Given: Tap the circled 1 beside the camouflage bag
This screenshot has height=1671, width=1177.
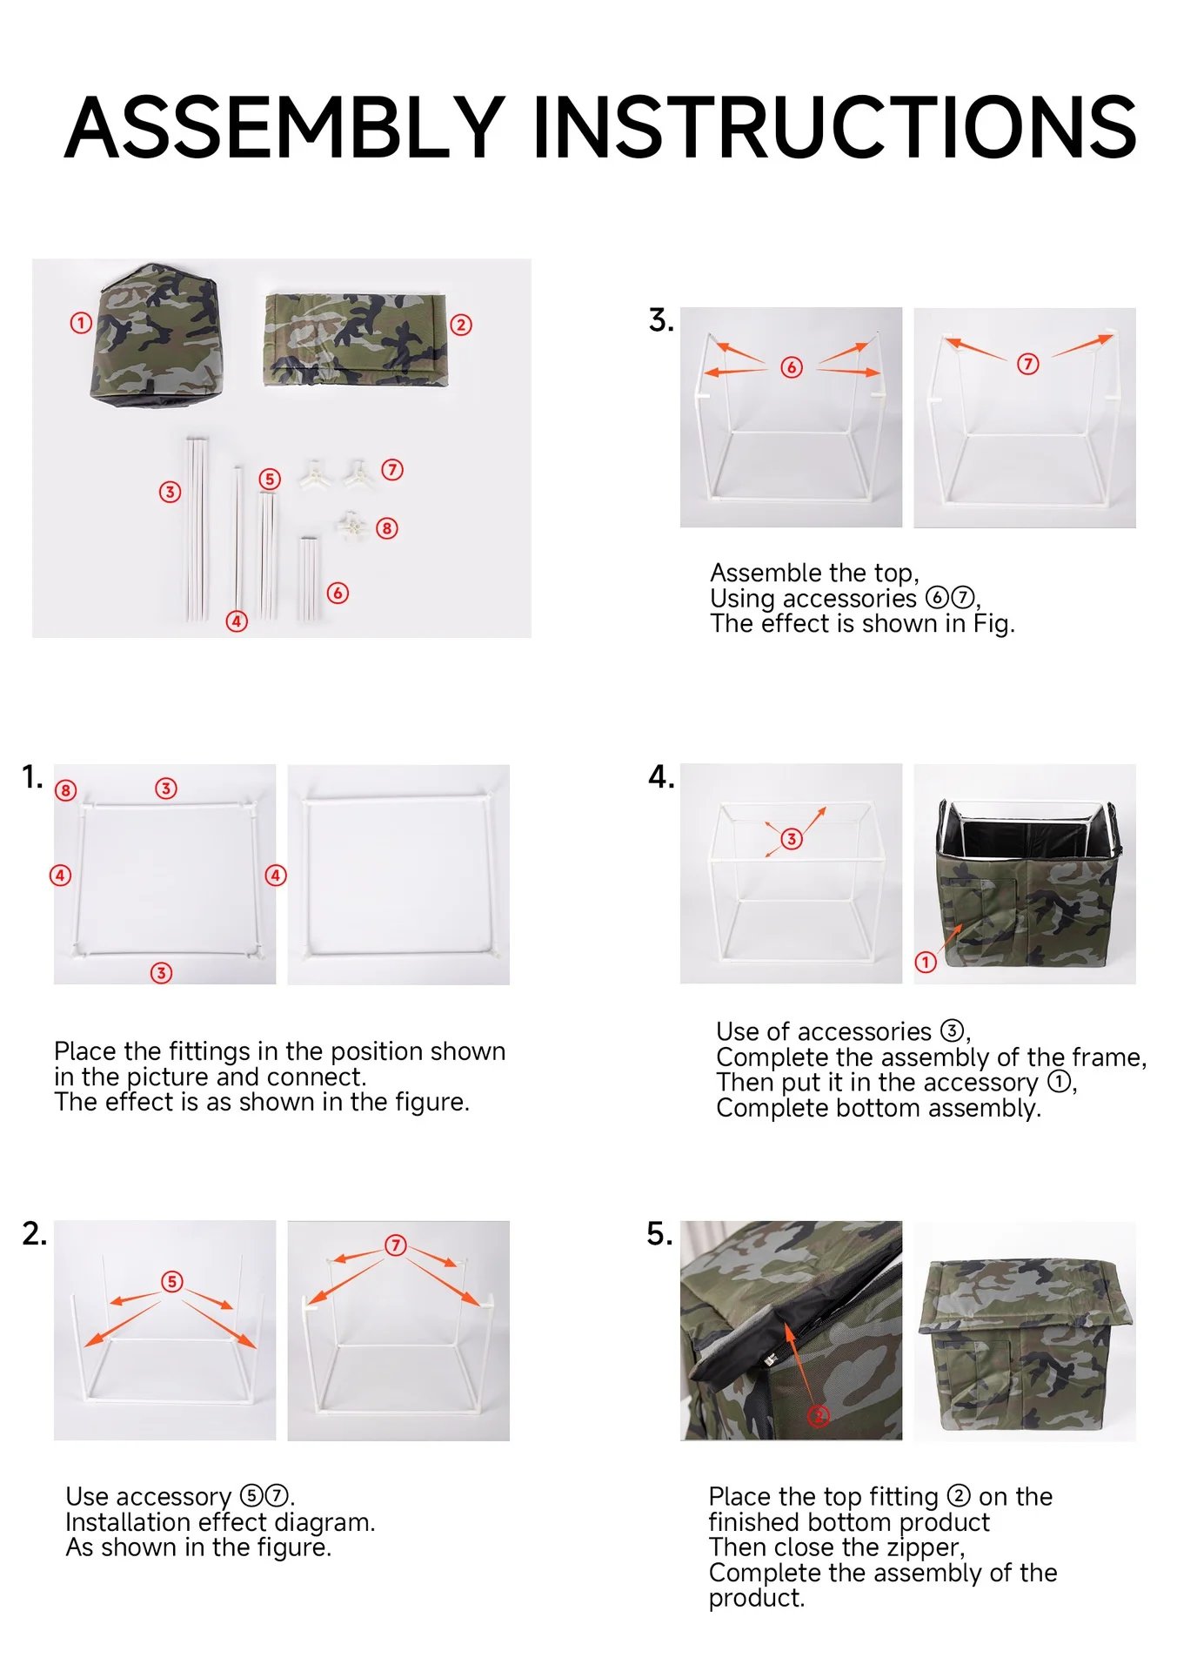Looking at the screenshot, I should [x=81, y=324].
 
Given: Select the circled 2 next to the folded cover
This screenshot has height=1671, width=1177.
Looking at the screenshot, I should [x=461, y=325].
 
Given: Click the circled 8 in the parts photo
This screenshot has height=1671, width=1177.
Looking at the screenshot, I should [x=387, y=528].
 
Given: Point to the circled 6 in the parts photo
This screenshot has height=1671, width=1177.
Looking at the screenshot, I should [x=338, y=594].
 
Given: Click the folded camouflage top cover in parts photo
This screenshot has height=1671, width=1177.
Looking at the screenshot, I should [x=355, y=339].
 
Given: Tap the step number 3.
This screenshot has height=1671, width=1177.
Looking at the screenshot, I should [x=660, y=320].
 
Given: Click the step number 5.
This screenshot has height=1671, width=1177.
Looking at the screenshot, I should [x=659, y=1234].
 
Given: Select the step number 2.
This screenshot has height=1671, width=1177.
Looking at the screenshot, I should [x=34, y=1234].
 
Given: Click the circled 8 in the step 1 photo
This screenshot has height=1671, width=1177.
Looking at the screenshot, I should [x=66, y=790].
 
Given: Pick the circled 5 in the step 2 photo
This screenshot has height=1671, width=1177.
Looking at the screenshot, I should [x=172, y=1281].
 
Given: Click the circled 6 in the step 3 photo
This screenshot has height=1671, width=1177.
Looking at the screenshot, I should [x=791, y=367].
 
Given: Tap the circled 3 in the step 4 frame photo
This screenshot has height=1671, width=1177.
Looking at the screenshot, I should [x=791, y=839].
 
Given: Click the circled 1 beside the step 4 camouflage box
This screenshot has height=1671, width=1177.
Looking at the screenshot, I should [x=926, y=962].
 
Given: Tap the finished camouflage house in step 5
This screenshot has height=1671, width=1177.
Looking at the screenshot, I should [x=1025, y=1332].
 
